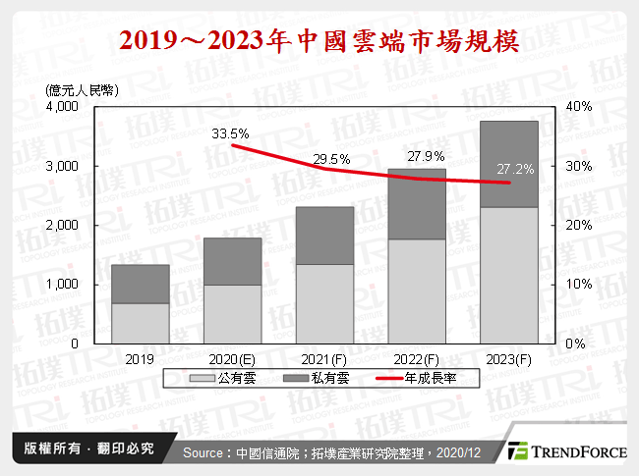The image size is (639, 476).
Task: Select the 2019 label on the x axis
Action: tap(140, 360)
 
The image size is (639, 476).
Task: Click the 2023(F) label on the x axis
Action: tap(509, 360)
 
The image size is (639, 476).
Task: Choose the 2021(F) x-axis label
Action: tap(324, 360)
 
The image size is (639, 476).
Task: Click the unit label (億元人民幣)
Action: tap(83, 89)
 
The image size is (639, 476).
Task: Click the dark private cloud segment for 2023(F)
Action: tap(509, 164)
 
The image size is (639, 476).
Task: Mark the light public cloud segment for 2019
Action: tap(140, 324)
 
